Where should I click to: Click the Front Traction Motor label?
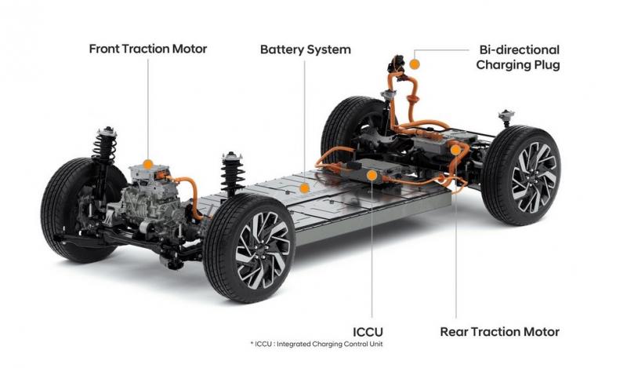(148, 49)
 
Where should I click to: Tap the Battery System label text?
(306, 49)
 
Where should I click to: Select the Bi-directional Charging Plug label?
(518, 57)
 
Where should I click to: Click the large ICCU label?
(368, 332)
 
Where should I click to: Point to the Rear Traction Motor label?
(500, 332)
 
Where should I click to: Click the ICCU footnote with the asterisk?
(317, 344)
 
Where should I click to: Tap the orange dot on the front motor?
(148, 164)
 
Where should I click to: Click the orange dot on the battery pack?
(305, 188)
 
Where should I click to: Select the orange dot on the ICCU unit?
(371, 175)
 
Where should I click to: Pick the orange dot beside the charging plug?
(415, 64)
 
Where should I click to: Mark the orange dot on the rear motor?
(455, 150)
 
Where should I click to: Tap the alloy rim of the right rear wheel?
(534, 177)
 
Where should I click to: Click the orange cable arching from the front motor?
(187, 192)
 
